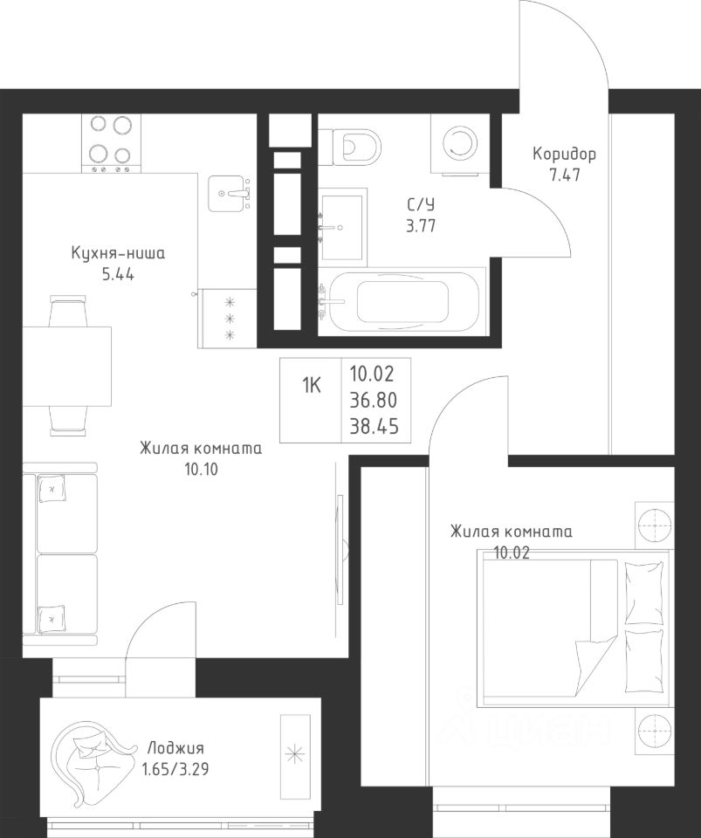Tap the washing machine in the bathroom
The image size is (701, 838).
click(459, 142)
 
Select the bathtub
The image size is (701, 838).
click(402, 302)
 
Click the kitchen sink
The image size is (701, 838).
click(230, 194)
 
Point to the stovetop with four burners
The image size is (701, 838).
click(111, 142)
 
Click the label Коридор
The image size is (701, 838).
click(564, 155)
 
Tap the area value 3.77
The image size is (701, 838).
click(421, 226)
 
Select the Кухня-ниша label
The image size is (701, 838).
click(118, 253)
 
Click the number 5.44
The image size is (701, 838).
click(118, 275)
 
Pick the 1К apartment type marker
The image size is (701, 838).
click(312, 384)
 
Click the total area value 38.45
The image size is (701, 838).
click(374, 427)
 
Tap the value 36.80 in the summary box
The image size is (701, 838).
click(374, 400)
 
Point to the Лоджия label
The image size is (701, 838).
click(175, 747)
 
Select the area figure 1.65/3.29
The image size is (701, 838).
click(175, 769)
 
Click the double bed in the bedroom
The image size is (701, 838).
click(574, 628)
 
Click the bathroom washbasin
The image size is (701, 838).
click(342, 228)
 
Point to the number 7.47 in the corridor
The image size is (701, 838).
click(565, 175)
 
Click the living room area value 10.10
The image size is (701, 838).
click(201, 470)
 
